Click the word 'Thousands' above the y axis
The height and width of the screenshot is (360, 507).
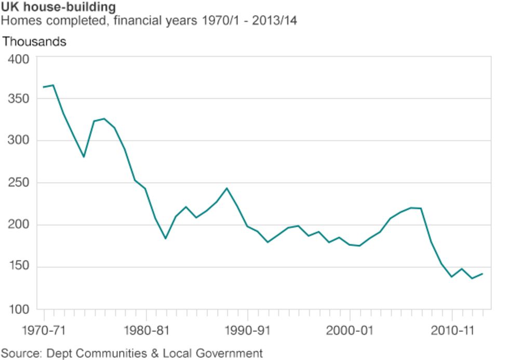34,42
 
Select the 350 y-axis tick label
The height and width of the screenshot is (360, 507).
18,99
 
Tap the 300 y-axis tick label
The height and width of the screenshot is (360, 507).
18,141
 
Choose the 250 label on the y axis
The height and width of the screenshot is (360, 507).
18,183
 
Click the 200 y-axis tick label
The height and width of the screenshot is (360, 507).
18,225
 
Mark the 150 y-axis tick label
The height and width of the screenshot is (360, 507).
18,268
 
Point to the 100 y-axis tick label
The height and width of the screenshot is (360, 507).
18,310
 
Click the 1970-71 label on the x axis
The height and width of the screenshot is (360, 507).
44,330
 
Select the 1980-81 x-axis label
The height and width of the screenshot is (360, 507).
146,330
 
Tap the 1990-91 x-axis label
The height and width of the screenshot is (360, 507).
248,330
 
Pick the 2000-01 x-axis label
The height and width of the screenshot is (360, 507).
350,330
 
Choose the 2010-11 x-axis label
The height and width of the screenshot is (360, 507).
451,330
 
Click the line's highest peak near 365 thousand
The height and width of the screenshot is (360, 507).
53,85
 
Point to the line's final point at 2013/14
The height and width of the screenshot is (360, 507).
483,274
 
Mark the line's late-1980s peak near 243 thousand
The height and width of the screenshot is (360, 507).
227,188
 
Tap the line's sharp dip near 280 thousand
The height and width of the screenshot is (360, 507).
84,156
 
